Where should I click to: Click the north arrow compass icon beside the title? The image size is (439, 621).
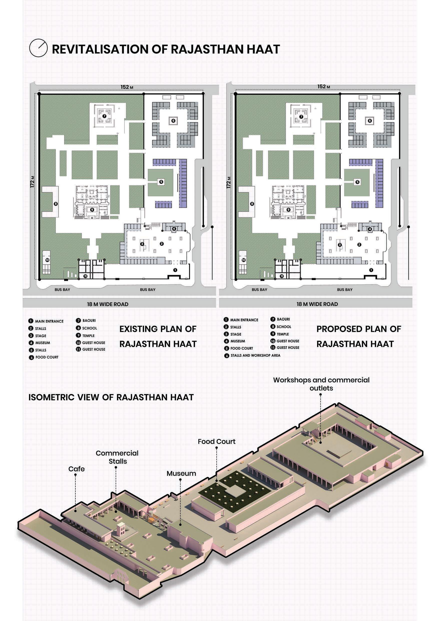tap(38, 48)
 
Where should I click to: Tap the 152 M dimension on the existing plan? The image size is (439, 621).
tap(127, 87)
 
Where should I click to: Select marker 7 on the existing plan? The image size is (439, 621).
tap(104, 116)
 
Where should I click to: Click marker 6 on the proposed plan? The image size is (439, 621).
tap(370, 121)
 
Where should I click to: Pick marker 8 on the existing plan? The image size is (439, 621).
tap(56, 204)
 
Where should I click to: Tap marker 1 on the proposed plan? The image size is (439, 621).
tap(371, 270)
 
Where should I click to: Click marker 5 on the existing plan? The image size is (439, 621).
tap(161, 182)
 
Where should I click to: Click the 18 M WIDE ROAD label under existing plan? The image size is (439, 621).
tap(108, 304)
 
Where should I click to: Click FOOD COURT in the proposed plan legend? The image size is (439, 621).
tap(242, 348)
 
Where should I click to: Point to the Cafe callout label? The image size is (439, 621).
tap(76, 469)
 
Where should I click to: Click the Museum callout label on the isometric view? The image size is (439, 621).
tap(181, 474)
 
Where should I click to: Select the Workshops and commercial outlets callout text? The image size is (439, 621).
tap(321, 384)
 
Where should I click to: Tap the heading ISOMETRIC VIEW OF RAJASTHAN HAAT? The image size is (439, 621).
tap(111, 397)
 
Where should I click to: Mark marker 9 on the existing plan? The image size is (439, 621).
tap(92, 210)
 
